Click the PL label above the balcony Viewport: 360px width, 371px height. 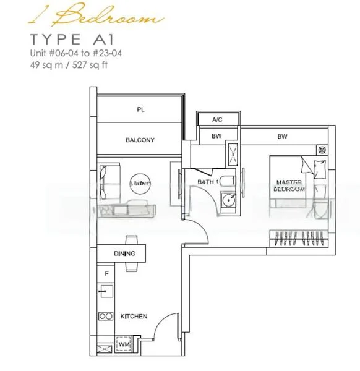(140, 109)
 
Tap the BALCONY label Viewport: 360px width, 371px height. (140, 140)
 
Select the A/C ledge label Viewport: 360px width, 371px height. (217, 119)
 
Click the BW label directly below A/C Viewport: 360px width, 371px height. (216, 136)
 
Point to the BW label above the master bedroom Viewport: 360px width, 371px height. (283, 136)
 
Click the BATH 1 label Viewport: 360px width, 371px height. (208, 182)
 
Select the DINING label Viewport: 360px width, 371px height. (124, 254)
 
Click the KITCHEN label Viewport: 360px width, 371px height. (134, 317)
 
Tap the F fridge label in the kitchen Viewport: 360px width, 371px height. (106, 273)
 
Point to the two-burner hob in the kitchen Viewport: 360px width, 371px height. (105, 317)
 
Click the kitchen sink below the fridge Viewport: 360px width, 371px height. (105, 291)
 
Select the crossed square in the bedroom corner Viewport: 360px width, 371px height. (321, 150)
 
